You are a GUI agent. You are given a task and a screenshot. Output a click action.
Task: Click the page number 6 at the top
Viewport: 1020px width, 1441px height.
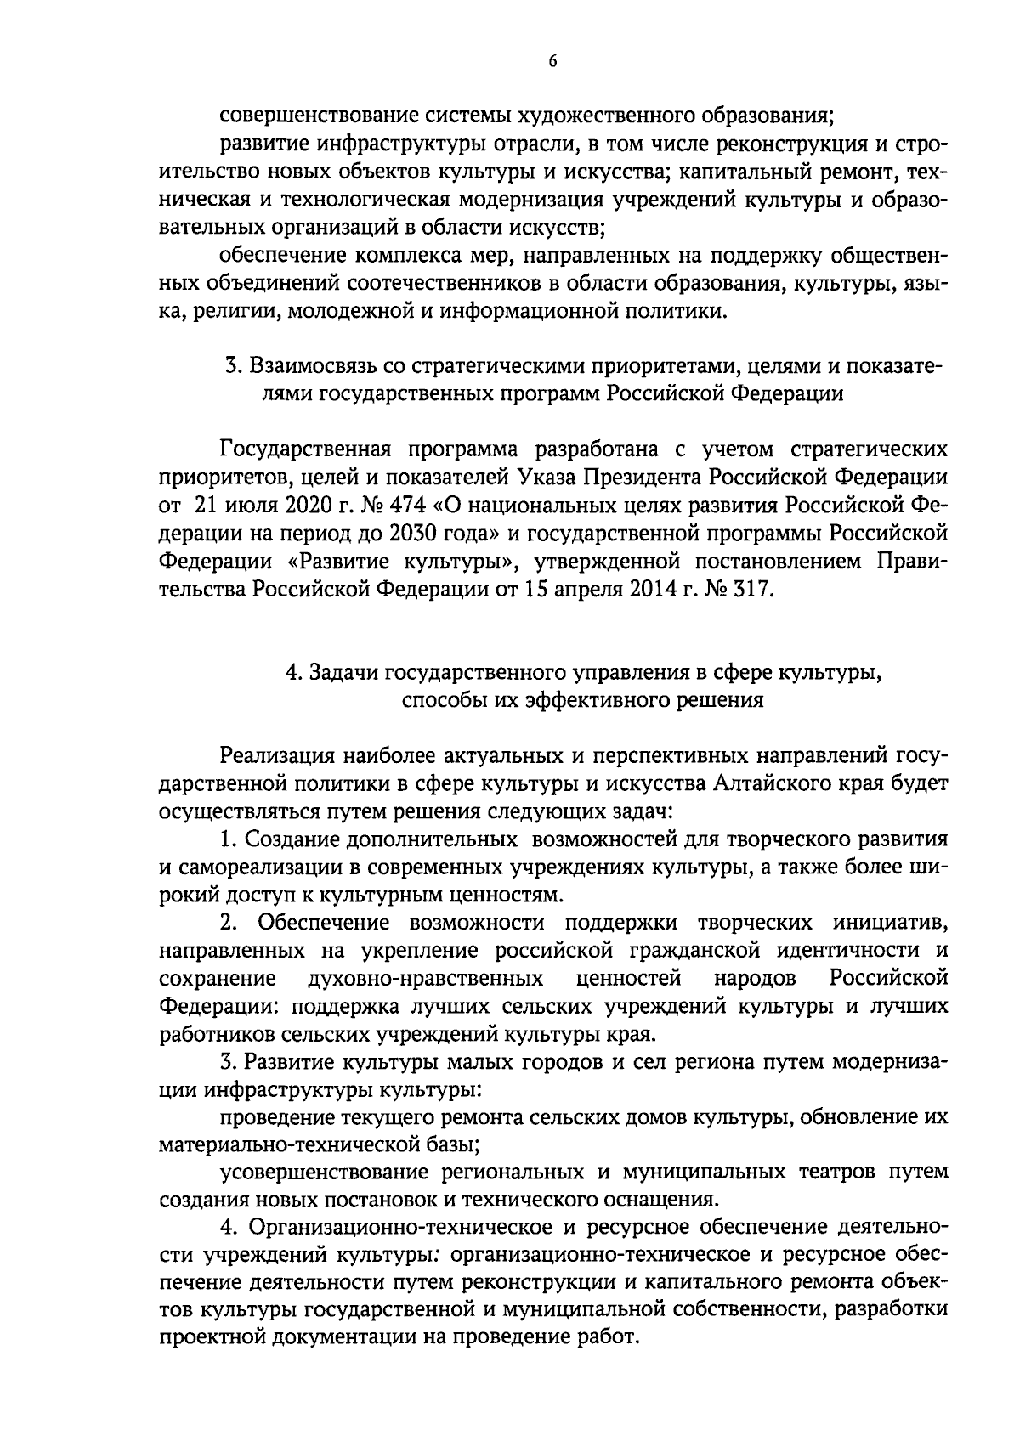pyautogui.click(x=552, y=60)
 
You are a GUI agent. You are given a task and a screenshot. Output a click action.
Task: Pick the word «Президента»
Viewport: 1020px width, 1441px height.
pyautogui.click(x=645, y=478)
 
